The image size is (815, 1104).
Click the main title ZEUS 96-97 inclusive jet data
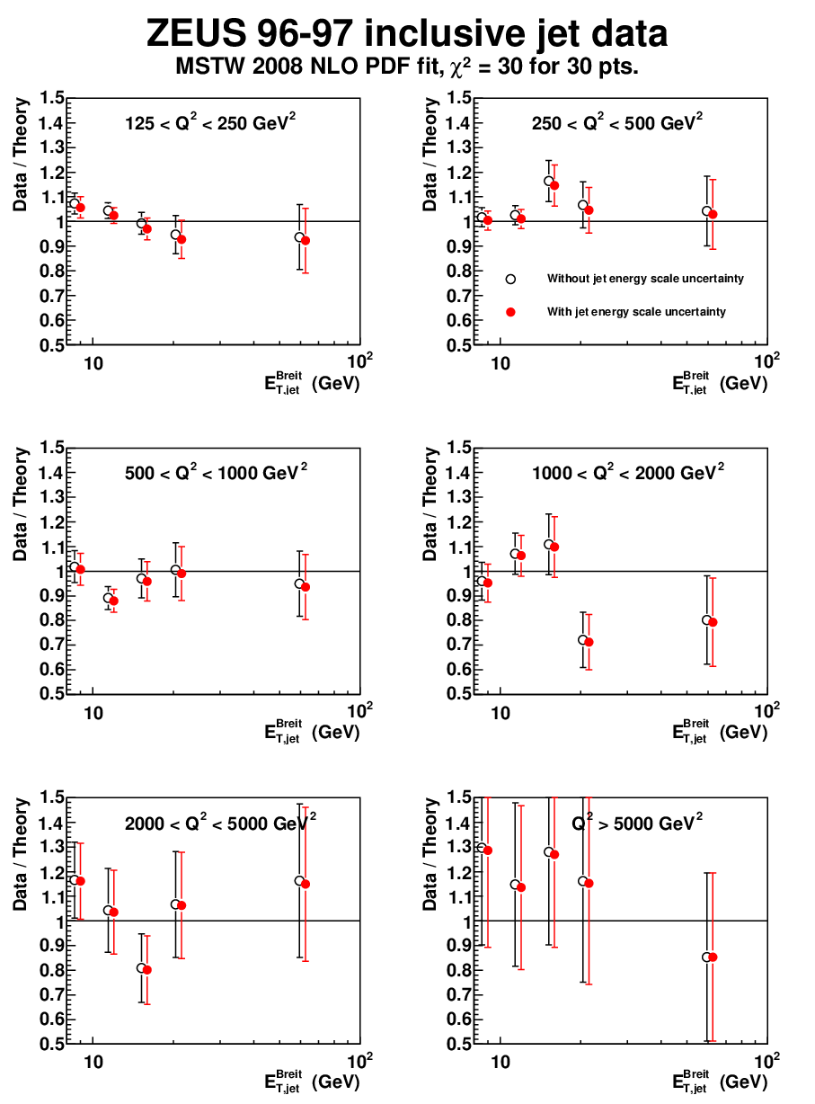pyautogui.click(x=406, y=33)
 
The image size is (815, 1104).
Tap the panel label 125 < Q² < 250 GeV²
pyautogui.click(x=210, y=122)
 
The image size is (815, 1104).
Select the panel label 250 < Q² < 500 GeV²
pyautogui.click(x=617, y=122)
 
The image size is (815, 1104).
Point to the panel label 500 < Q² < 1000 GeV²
pyautogui.click(x=216, y=472)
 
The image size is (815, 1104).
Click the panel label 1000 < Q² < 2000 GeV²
pyautogui.click(x=628, y=472)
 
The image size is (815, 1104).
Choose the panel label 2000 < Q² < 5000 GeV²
pyautogui.click(x=220, y=823)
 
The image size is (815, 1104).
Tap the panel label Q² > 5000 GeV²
pyautogui.click(x=637, y=823)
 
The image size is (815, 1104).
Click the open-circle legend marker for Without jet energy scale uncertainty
pyautogui.click(x=510, y=280)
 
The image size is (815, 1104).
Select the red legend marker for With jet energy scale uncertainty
pyautogui.click(x=510, y=312)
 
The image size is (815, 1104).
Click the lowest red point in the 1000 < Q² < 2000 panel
pyautogui.click(x=589, y=642)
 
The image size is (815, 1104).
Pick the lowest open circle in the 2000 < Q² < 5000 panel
pyautogui.click(x=141, y=968)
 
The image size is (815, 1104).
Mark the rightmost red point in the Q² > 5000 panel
pyautogui.click(x=713, y=957)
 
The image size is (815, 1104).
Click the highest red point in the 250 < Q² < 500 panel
pyautogui.click(x=554, y=185)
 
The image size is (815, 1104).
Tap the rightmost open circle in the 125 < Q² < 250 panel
pyautogui.click(x=299, y=237)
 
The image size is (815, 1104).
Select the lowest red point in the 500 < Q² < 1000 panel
pyautogui.click(x=113, y=601)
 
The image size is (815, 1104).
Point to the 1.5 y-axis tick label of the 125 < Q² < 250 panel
pyautogui.click(x=52, y=98)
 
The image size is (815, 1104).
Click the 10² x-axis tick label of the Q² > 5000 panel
pyautogui.click(x=766, y=1061)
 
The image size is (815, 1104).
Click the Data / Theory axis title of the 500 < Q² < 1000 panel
pyautogui.click(x=21, y=504)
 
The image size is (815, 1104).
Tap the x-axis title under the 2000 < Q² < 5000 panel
pyautogui.click(x=312, y=1082)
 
